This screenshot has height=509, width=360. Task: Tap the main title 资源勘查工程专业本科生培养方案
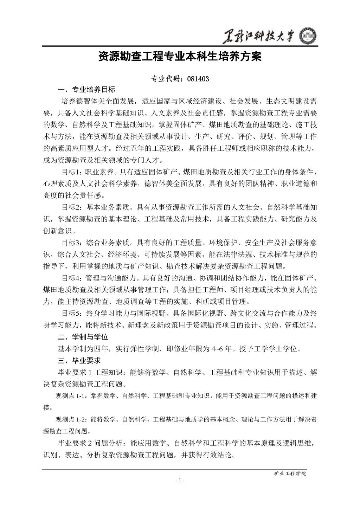pyautogui.click(x=180, y=57)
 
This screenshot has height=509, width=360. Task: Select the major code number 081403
pyautogui.click(x=198, y=79)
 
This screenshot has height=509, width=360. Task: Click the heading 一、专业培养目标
pyautogui.click(x=86, y=89)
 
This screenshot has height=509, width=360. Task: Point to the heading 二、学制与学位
pyautogui.click(x=83, y=337)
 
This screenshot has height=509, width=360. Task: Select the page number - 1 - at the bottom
pyautogui.click(x=180, y=481)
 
